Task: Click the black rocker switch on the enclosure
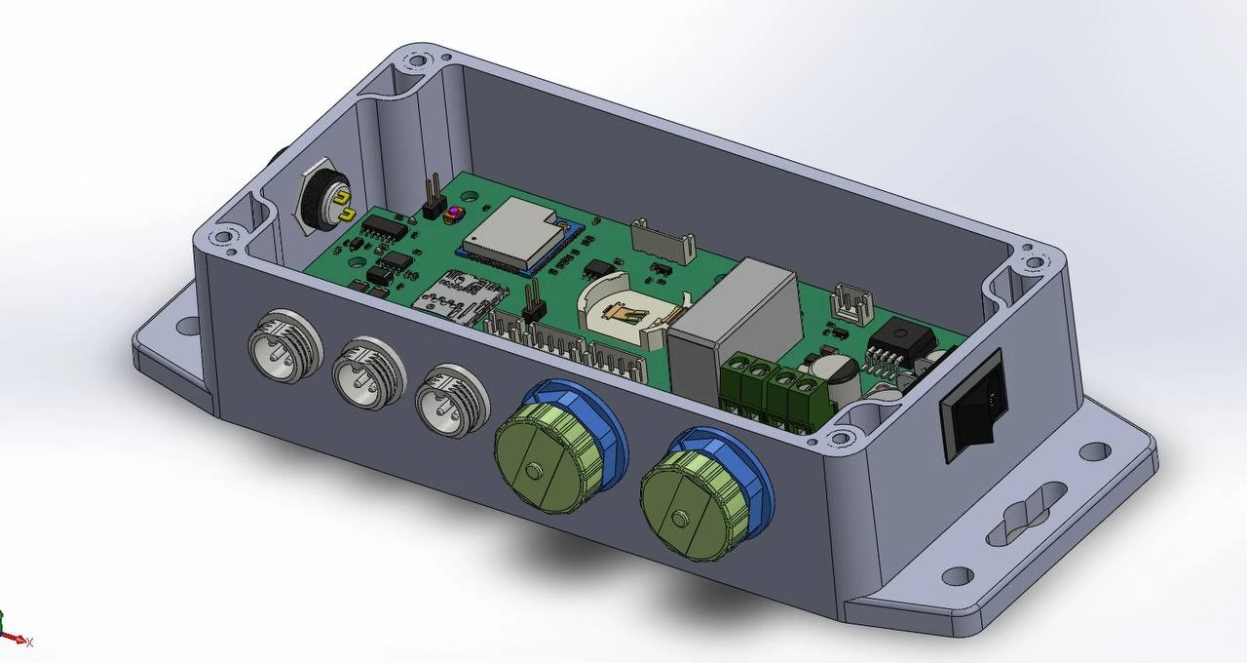click(x=970, y=405)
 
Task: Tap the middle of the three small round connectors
click(x=366, y=370)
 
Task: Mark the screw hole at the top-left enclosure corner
click(x=417, y=60)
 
